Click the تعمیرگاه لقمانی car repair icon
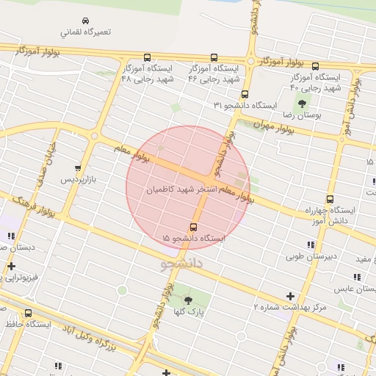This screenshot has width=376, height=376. [86, 21]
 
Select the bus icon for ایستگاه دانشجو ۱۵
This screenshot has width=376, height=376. [193, 227]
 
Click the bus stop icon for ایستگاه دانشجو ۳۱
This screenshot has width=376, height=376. [245, 94]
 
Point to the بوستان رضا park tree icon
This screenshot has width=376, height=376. [301, 104]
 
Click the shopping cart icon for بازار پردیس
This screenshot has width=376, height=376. [79, 167]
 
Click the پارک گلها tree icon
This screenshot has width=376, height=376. [188, 300]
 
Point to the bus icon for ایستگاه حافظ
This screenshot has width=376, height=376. [28, 313]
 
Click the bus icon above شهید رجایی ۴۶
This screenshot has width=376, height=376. [214, 57]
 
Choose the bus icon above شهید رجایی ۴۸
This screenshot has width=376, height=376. [147, 57]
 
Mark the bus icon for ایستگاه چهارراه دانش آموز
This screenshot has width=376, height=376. [329, 199]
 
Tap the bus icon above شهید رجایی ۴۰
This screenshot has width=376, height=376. [314, 65]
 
